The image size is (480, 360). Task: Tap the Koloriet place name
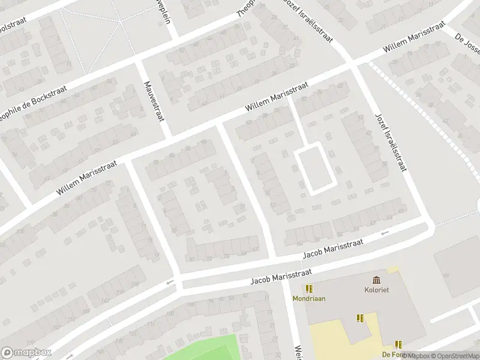coord(376,290)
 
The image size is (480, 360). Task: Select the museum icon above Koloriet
coord(376,280)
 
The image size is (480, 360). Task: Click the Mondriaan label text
coord(309,298)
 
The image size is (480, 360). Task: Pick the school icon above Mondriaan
coord(309,289)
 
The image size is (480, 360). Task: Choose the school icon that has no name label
coord(360,318)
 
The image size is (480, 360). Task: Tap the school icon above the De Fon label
coord(398,344)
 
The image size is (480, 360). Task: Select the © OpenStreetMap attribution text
coord(451,356)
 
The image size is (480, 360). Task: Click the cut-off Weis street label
coord(297,352)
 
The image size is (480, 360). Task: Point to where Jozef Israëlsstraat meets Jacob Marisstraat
coord(427,225)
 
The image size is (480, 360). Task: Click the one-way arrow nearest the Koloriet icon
coord(385,232)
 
